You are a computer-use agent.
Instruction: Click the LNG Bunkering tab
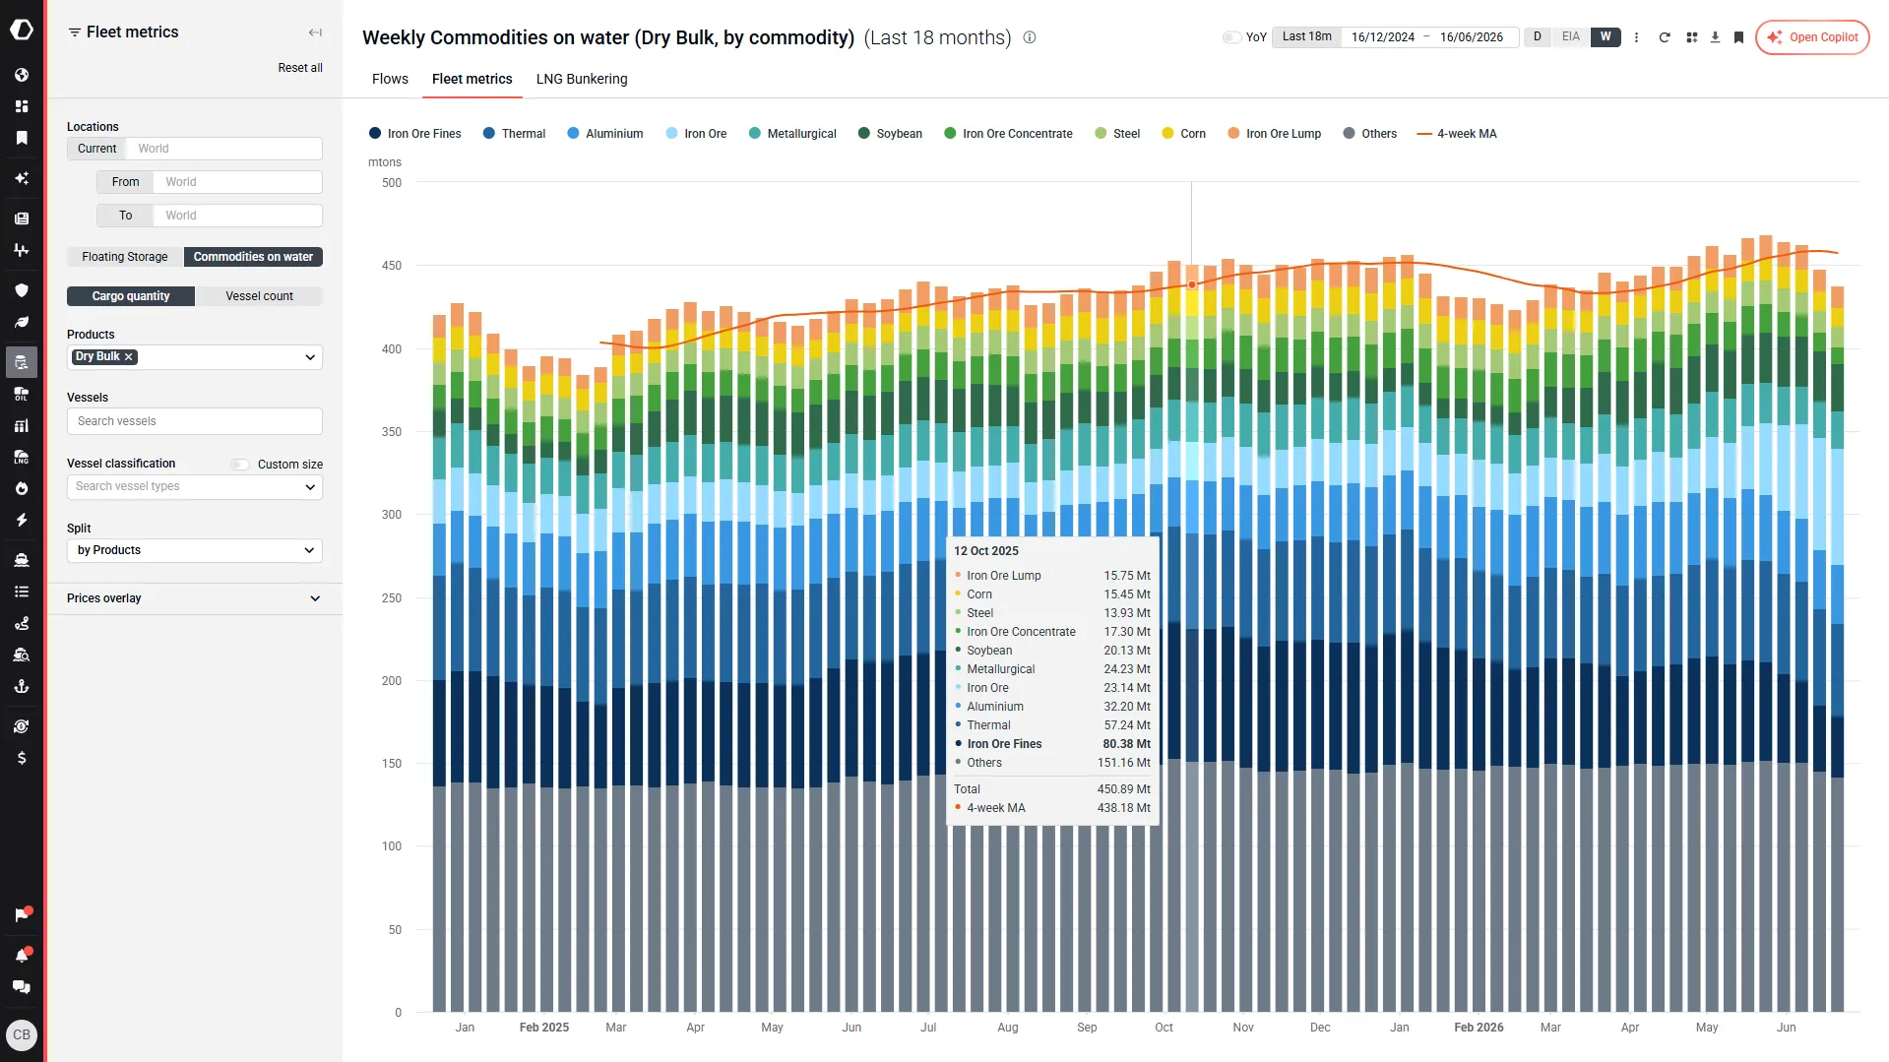pos(582,79)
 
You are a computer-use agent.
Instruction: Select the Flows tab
pos(390,79)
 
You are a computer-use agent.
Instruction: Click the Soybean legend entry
pos(890,134)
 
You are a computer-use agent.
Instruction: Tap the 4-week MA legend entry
pos(1456,134)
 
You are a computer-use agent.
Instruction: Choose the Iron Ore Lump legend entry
pos(1274,134)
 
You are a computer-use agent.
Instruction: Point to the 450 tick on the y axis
pos(392,266)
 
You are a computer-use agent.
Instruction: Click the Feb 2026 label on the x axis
pos(1479,1028)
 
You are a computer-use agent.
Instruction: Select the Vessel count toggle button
pos(259,296)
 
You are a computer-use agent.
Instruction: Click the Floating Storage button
pos(125,257)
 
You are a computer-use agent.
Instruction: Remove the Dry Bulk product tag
pos(129,357)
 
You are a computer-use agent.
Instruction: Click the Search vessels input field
pos(195,421)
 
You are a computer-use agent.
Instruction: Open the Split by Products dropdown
pos(195,550)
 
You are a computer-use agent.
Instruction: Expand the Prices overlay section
pos(195,598)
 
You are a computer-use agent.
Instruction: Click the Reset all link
pos(300,68)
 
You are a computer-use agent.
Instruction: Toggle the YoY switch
pos(1230,37)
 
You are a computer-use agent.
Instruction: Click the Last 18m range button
pos(1306,37)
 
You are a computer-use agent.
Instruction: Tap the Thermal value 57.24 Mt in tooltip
pos(1127,725)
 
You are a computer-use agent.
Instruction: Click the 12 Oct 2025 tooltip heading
pos(986,551)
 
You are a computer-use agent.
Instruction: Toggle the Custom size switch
pos(239,465)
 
